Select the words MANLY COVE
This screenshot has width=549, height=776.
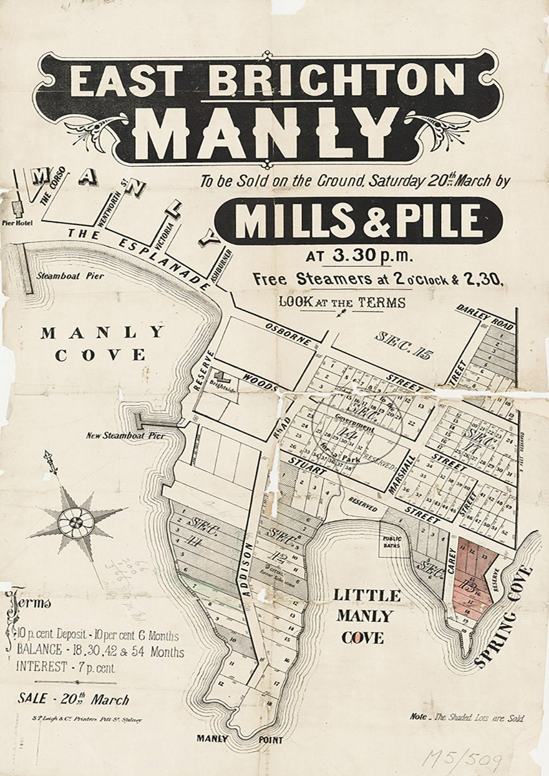pos(102,343)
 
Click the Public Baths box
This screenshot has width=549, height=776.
pos(392,541)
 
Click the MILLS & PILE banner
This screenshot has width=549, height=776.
pos(358,221)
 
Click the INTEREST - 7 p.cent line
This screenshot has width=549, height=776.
pos(67,667)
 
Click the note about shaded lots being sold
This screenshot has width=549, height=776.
pos(467,718)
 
